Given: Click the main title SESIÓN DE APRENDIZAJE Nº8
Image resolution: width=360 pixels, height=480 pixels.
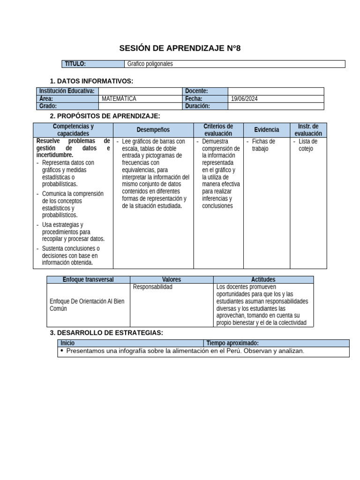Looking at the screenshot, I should click(x=180, y=48).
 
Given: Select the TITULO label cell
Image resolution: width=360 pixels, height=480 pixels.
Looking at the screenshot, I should click(x=75, y=64).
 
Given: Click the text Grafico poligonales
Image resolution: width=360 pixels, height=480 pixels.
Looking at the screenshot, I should click(x=150, y=64).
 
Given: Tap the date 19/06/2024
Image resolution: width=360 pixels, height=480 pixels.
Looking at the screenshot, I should click(x=245, y=99).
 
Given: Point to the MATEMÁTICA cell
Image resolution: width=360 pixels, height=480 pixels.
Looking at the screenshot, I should click(x=119, y=99).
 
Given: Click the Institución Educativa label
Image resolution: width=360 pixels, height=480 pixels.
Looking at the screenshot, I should click(x=67, y=91).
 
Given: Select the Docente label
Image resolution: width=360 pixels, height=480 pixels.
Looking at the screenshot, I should click(x=197, y=91).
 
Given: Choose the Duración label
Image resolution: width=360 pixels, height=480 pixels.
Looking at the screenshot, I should click(x=198, y=106).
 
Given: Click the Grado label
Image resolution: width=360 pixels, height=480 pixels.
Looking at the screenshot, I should click(x=49, y=106).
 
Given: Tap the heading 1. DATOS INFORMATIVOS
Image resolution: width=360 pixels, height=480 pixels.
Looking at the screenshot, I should click(x=91, y=81).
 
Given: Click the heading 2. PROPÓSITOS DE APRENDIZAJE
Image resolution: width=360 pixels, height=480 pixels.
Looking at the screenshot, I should click(x=105, y=116).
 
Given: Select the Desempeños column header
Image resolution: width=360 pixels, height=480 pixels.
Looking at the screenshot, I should click(x=153, y=130).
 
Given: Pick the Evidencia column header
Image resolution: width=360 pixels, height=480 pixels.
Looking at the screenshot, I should click(x=266, y=130).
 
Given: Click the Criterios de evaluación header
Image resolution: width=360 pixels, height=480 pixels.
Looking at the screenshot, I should click(x=218, y=130).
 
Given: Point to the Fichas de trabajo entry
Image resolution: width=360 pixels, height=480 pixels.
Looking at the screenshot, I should click(x=263, y=145).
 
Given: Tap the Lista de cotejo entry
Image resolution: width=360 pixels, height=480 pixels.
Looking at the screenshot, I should click(x=307, y=145).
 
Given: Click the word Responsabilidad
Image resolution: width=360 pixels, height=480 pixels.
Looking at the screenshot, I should click(x=153, y=287).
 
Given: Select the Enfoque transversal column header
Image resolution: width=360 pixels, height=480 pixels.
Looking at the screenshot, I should click(x=88, y=279).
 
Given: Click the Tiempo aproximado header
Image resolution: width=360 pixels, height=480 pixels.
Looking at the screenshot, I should click(x=232, y=343).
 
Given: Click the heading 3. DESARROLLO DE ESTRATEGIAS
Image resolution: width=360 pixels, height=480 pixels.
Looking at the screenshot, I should click(x=106, y=333).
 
